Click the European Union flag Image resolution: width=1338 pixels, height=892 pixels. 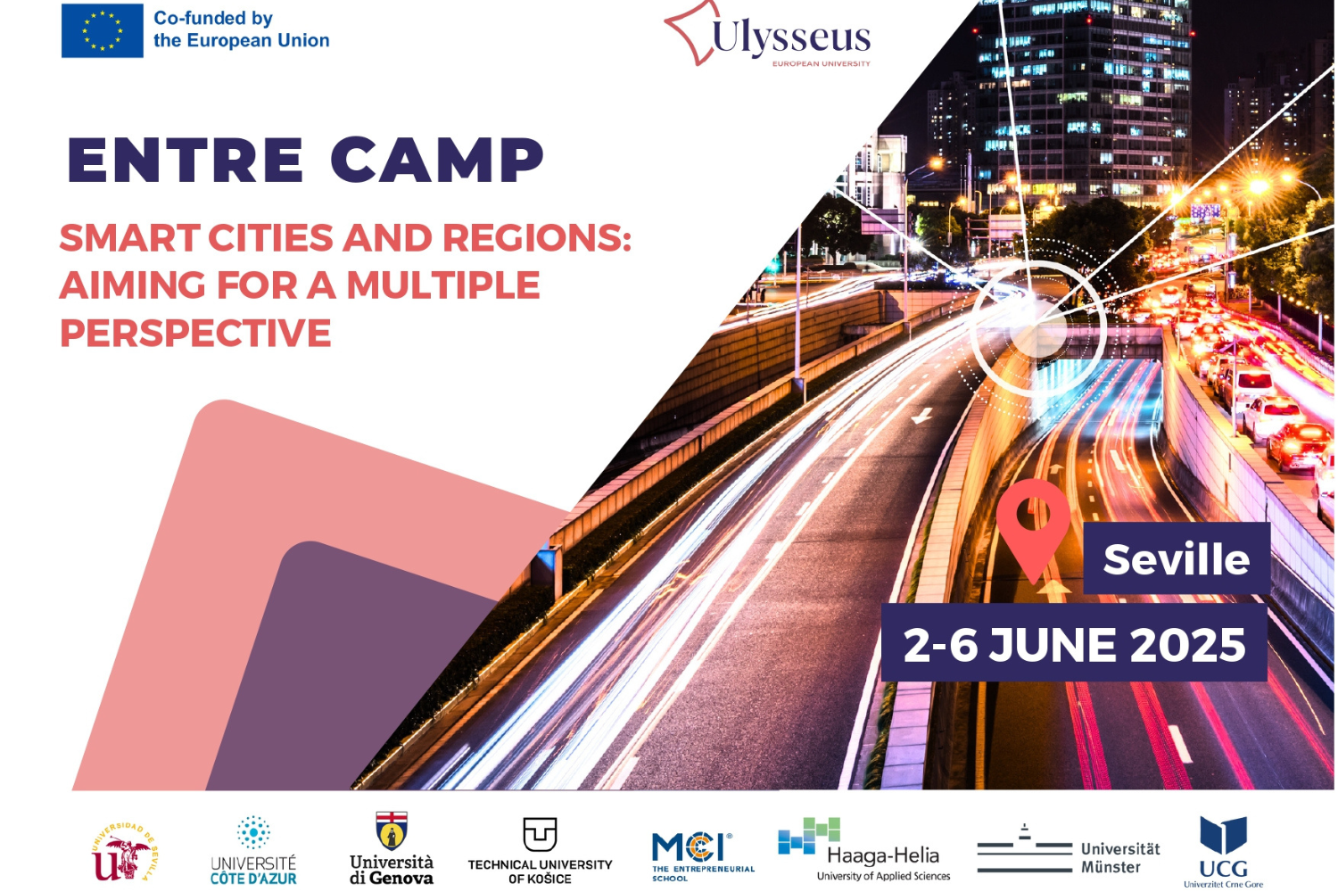pos(103,30)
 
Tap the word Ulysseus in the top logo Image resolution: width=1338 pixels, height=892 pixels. pos(791,37)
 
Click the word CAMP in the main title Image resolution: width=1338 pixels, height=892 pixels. pos(437,160)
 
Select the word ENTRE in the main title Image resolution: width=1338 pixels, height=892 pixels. pos(186,160)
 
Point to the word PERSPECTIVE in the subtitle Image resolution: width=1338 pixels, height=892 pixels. pos(195,332)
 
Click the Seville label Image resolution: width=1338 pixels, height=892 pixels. pos(1177,558)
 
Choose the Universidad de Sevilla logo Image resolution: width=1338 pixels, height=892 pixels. pos(125,851)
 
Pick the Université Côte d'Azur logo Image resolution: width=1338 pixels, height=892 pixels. pos(253,850)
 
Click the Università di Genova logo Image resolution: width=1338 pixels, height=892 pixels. pos(392,847)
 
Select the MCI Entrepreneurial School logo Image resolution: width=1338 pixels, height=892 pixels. pos(703,856)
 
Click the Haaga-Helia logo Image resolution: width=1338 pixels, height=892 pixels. pos(864,849)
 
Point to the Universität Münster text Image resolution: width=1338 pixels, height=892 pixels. pos(1120,857)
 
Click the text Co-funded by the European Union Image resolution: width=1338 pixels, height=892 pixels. pos(242,29)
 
